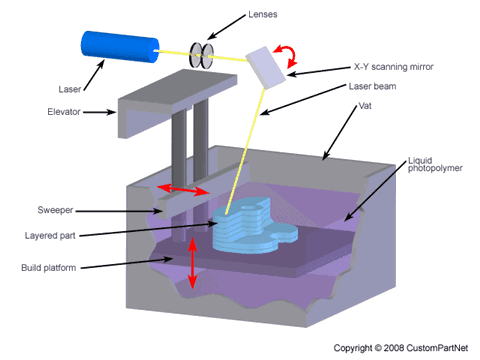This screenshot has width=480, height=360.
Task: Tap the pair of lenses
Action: click(x=203, y=56)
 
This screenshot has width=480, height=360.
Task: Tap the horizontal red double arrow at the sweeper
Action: click(x=185, y=190)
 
